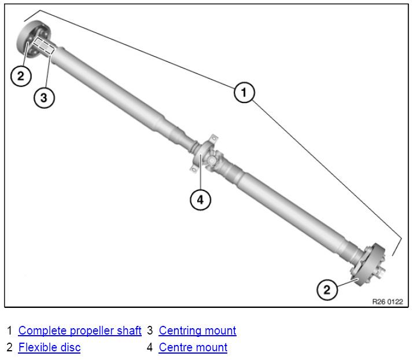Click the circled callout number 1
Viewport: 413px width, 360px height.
pos(244,93)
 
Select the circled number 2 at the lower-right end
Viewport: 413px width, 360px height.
pos(327,289)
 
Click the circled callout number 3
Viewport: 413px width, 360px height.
pos(43,97)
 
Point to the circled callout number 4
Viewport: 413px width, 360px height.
pos(200,200)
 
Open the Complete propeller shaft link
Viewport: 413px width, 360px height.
pos(80,331)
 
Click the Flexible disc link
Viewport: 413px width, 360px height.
pos(49,348)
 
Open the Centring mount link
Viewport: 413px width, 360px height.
pos(197,331)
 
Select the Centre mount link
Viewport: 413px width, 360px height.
pos(193,348)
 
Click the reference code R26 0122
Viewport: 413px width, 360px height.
pos(387,302)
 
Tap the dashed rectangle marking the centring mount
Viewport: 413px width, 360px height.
pos(44,46)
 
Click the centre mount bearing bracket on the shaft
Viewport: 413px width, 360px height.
pos(200,153)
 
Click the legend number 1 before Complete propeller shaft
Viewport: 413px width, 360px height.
pos(9,331)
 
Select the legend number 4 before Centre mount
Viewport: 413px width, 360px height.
pos(150,348)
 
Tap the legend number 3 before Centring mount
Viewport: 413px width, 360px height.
pos(150,331)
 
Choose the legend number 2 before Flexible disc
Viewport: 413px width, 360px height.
pos(9,348)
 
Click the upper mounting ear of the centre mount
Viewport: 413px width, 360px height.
pos(212,138)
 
